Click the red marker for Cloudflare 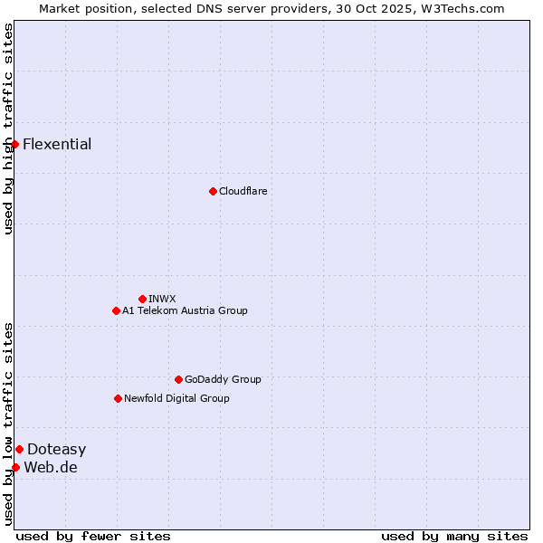pos(213,191)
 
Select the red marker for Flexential pos(14,144)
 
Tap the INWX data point pos(142,299)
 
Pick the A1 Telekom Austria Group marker pos(116,310)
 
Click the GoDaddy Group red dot pos(178,379)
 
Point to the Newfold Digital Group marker pos(118,398)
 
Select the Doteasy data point pos(19,449)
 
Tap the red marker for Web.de pos(15,467)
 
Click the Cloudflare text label pos(243,191)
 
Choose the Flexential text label pos(57,144)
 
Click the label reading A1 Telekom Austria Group pos(185,310)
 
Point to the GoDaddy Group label pos(223,379)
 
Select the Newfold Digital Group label pos(176,398)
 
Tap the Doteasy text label pos(56,449)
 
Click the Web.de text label pos(51,467)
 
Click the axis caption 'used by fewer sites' pos(93,536)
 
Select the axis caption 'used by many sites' pos(454,536)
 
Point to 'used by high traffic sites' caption pos(8,129)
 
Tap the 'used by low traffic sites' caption pos(8,423)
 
